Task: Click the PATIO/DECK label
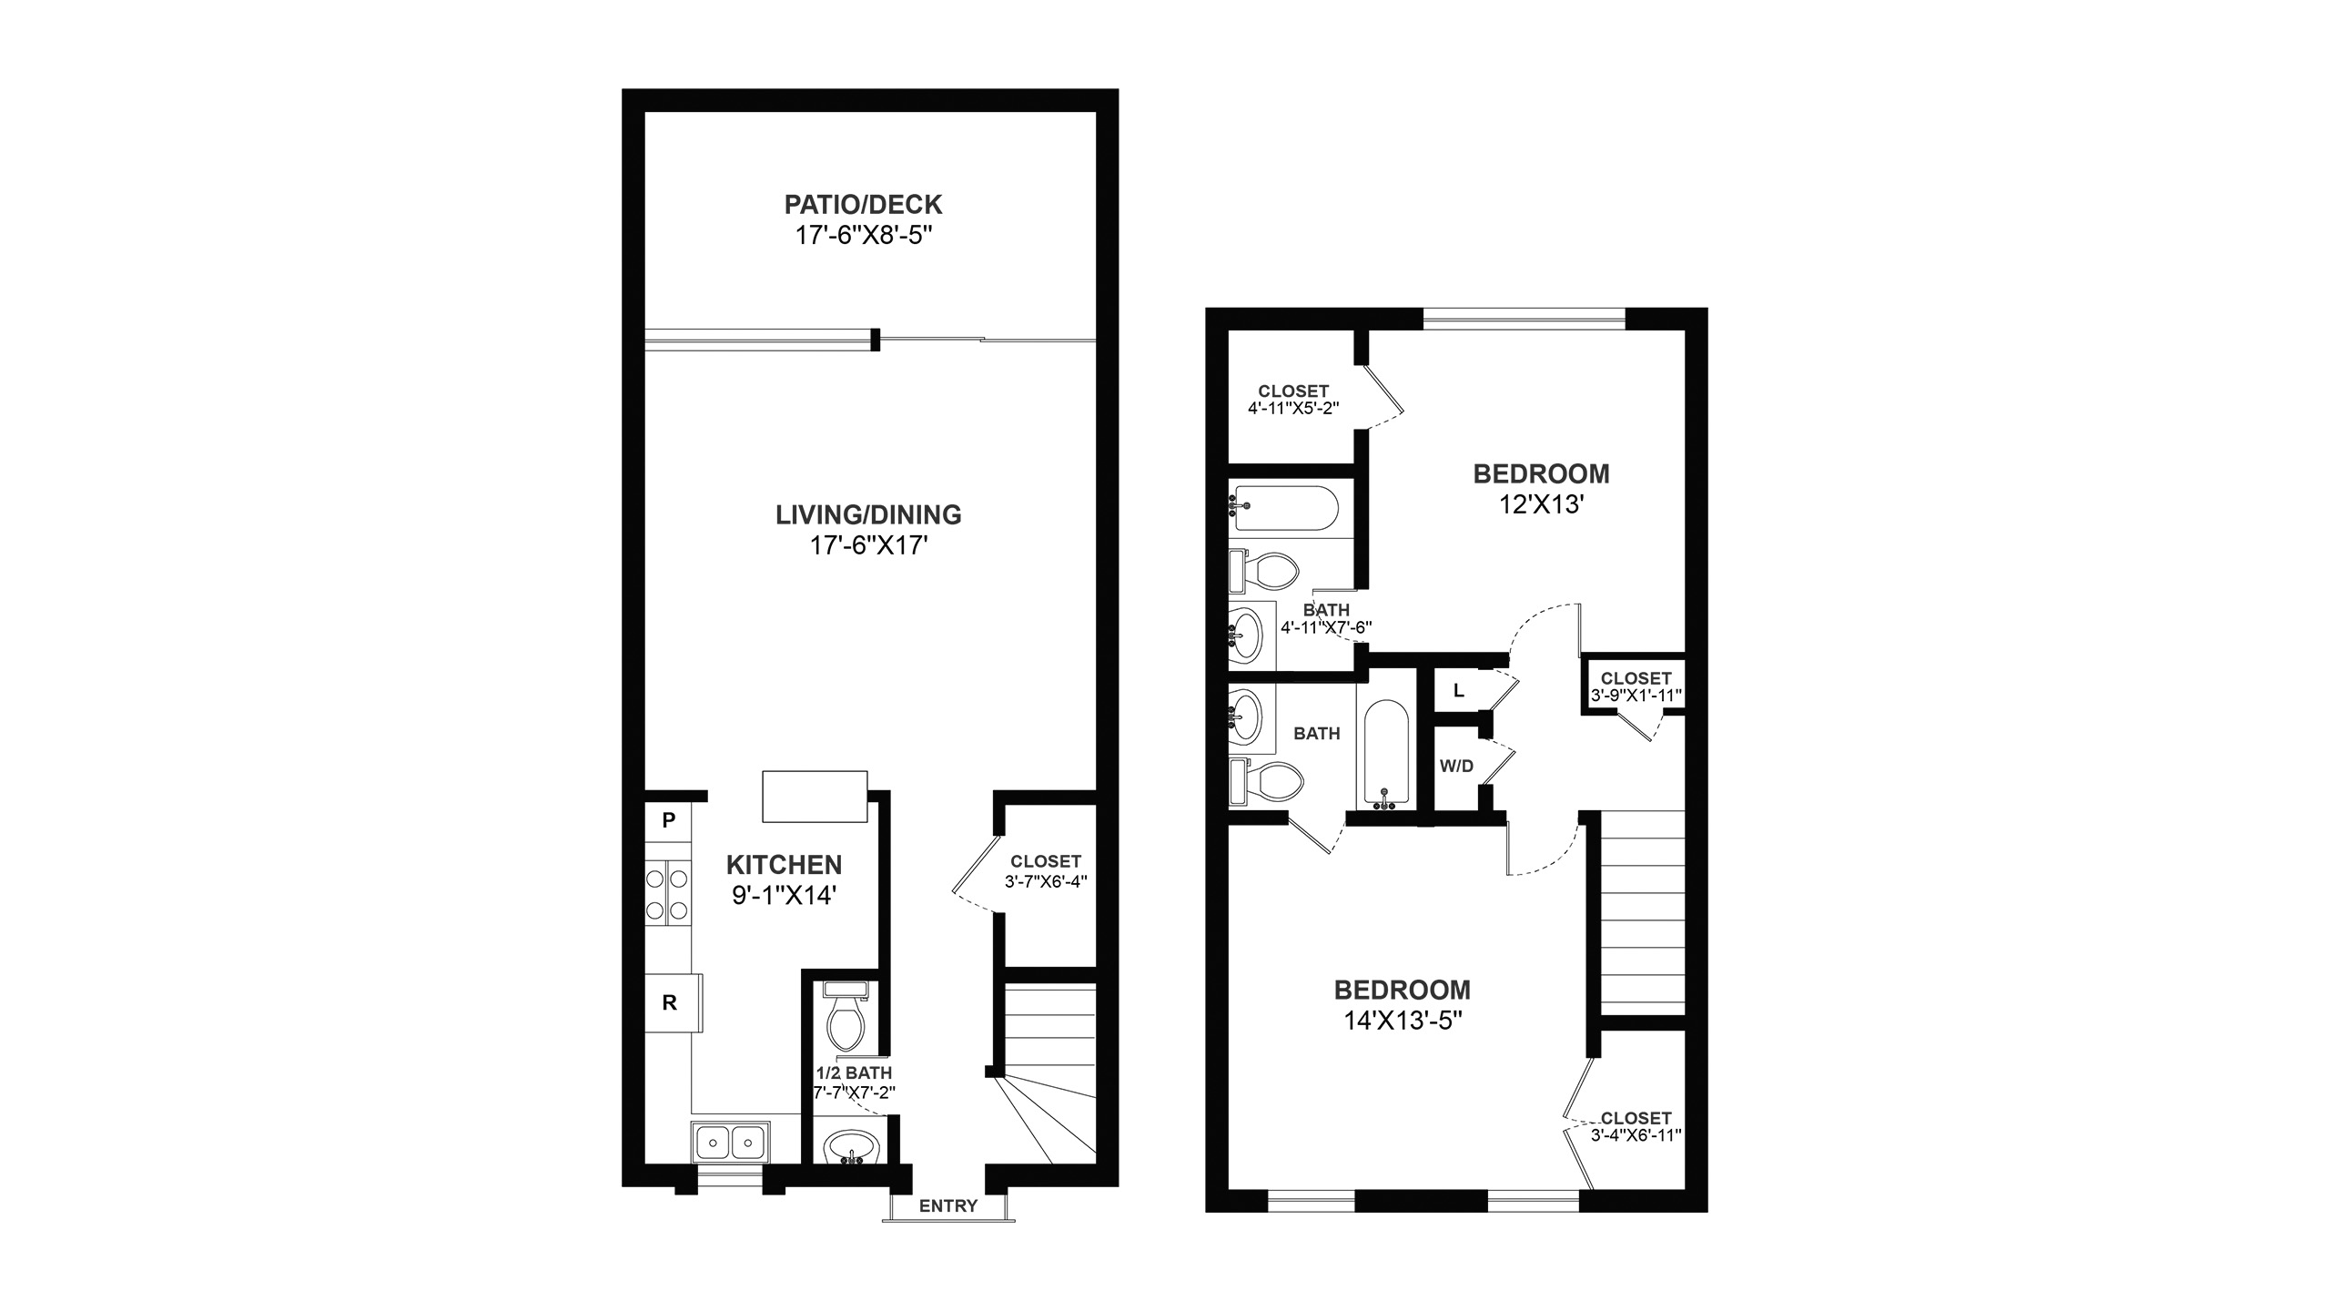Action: tap(863, 204)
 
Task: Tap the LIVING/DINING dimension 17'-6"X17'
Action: tap(868, 546)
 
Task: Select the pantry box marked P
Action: tap(668, 820)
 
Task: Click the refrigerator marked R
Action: tap(674, 1002)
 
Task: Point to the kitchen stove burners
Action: tap(668, 894)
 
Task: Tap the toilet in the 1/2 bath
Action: tap(846, 1015)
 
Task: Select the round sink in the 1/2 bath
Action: tap(852, 1147)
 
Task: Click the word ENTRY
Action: tap(948, 1206)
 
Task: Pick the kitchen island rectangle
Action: tap(815, 797)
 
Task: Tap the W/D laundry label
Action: tap(1456, 767)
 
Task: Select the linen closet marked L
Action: tap(1459, 691)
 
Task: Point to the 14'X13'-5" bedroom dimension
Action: tap(1403, 1021)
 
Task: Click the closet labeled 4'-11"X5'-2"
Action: tap(1293, 399)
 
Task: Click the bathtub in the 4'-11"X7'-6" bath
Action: tap(1284, 508)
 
